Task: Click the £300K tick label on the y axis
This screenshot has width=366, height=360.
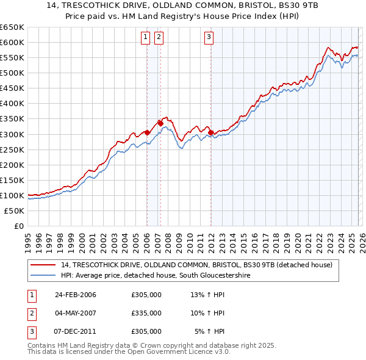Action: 12,134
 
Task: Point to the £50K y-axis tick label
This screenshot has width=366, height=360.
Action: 14,211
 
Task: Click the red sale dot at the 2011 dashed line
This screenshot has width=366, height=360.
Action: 210,132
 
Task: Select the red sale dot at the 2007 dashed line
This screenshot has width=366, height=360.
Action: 160,123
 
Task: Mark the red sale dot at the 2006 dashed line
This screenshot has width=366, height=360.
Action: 147,132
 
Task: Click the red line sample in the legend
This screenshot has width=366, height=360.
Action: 43,265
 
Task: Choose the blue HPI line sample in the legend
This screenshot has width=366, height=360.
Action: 43,276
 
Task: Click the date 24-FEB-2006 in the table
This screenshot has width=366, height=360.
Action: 75,295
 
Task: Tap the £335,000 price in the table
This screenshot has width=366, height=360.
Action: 146,313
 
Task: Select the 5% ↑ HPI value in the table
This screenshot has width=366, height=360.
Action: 210,331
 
